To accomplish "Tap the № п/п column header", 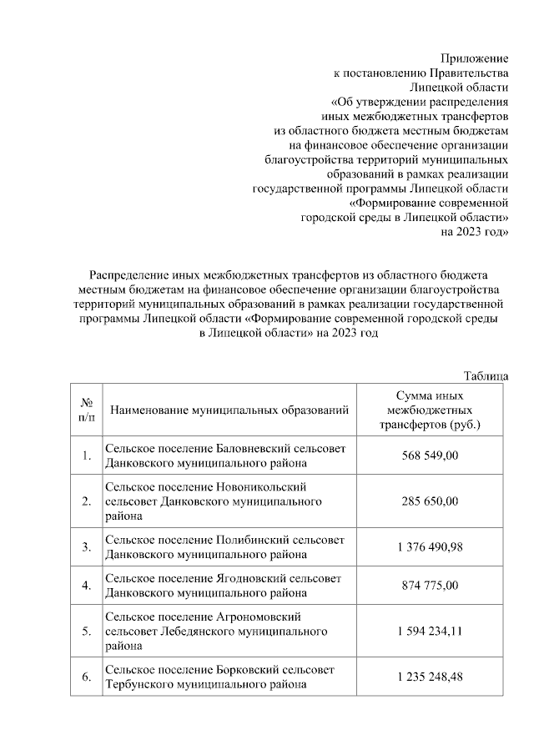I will coord(86,409).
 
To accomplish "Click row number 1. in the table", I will coord(86,456).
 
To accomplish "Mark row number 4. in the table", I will coord(86,586).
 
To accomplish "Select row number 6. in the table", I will coord(86,677).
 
